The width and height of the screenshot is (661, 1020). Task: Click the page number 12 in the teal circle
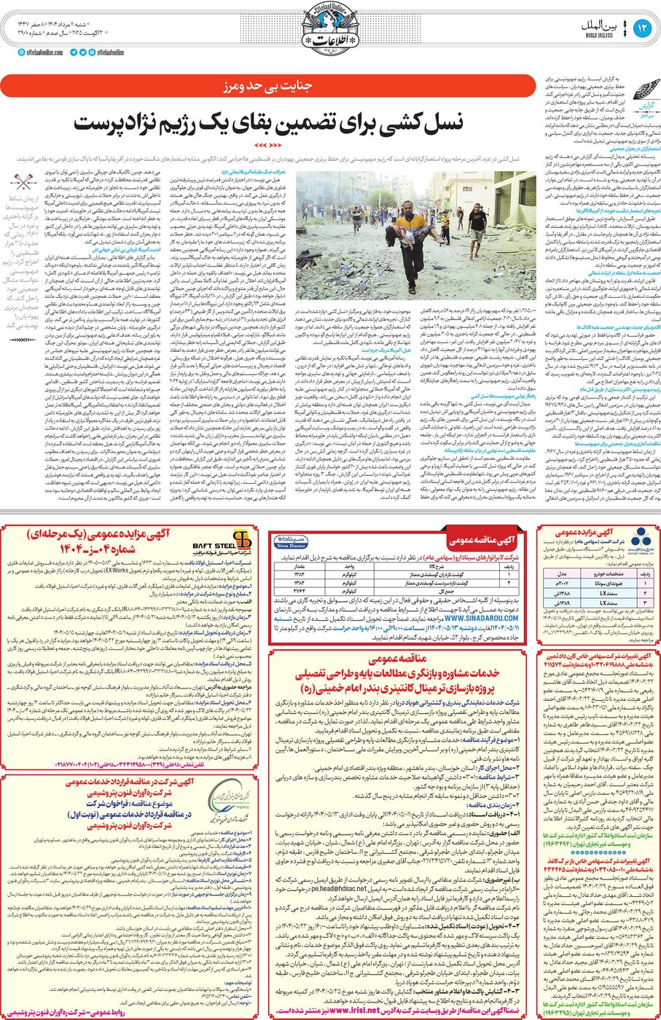tap(641, 28)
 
